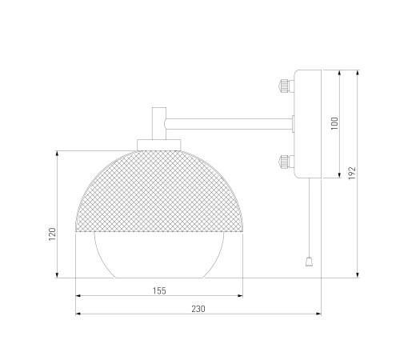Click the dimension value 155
click(159, 290)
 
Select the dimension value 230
click(198, 309)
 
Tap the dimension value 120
click(52, 234)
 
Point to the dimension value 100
click(334, 123)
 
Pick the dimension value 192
click(352, 173)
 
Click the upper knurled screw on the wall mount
click(286, 86)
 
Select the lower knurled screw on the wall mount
click(286, 162)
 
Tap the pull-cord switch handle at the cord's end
click(309, 262)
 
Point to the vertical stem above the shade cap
click(159, 123)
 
